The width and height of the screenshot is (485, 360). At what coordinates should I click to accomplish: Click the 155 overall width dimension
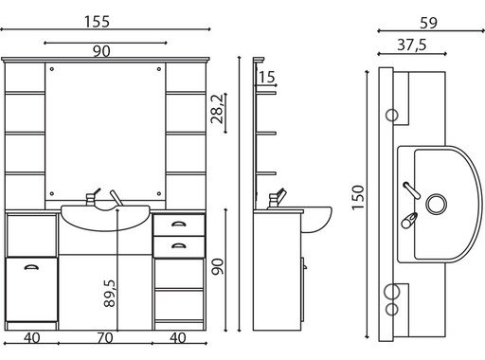coord(97,22)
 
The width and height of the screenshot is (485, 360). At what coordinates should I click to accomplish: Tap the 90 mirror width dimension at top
coord(101,51)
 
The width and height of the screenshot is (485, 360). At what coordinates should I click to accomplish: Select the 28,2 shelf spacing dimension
coord(217,109)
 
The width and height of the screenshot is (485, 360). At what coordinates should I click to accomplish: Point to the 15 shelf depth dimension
coord(267,77)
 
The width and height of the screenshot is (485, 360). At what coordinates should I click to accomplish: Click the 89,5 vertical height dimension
coord(110,294)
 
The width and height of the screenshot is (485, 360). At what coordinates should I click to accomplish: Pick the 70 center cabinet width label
coord(105,338)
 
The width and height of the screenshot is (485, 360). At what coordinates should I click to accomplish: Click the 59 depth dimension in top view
coord(428,23)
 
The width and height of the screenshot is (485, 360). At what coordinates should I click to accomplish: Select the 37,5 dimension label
coord(412,45)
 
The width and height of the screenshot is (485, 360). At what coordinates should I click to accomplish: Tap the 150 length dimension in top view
coord(358,197)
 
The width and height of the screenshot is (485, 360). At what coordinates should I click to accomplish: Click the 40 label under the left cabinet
coord(32,338)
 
